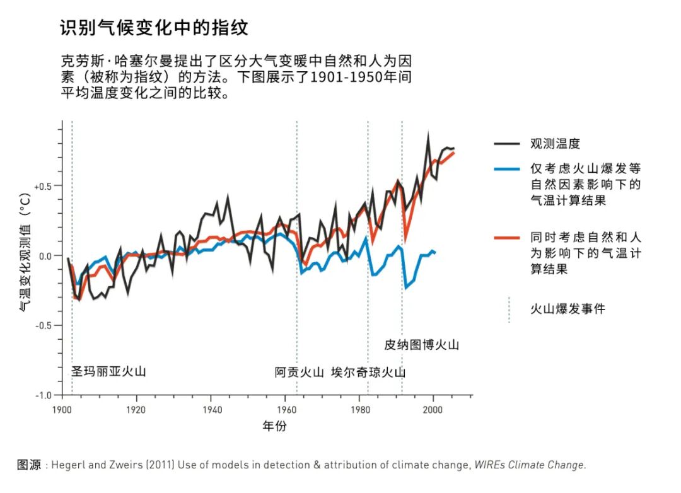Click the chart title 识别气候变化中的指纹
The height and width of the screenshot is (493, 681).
[154, 28]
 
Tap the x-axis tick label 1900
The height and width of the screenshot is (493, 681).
[62, 409]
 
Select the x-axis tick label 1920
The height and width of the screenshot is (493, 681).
[136, 409]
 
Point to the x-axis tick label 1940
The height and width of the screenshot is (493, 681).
[211, 409]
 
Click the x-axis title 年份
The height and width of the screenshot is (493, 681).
[274, 427]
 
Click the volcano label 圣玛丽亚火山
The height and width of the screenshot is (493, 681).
[108, 371]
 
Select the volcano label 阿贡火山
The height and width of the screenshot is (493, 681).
[299, 372]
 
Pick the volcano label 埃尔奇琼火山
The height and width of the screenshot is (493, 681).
[368, 372]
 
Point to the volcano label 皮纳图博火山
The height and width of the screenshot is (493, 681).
[422, 345]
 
